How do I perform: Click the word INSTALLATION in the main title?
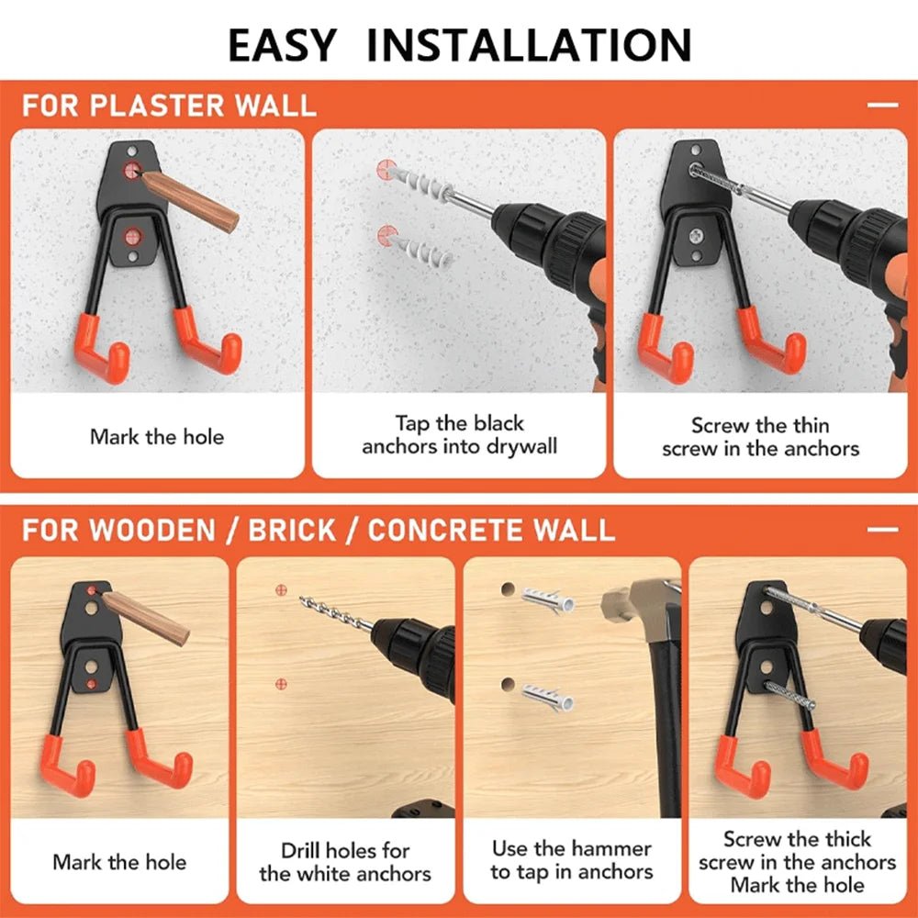tap(529, 44)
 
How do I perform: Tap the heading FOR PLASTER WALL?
tap(169, 105)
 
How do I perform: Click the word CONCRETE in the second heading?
tap(457, 531)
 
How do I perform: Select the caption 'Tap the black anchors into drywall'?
tap(459, 435)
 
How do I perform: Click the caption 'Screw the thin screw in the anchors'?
tap(760, 437)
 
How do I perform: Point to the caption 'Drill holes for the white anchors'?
tap(345, 862)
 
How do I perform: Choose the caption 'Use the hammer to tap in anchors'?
tap(571, 860)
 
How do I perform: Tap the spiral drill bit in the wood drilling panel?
tap(336, 613)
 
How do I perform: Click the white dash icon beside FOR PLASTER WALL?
tap(882, 106)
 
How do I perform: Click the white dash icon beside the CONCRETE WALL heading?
tap(882, 531)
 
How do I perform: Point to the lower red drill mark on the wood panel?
tap(281, 684)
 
